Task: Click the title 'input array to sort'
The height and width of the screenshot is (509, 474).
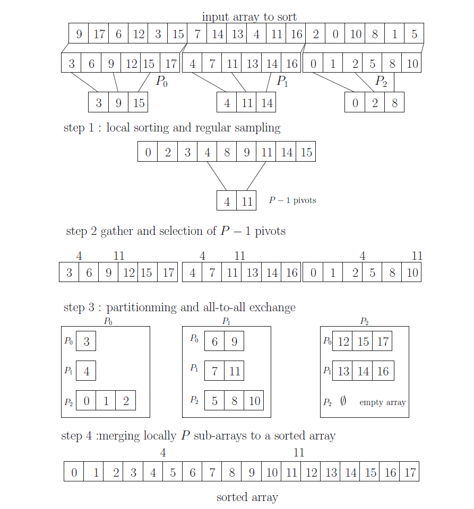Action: coord(249,17)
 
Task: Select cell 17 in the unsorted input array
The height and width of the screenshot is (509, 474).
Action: coord(99,35)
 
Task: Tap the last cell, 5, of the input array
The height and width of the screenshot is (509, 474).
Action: coord(414,35)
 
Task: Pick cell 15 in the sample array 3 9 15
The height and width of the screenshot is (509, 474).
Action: coord(139,103)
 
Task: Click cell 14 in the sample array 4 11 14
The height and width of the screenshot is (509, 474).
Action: coord(267,103)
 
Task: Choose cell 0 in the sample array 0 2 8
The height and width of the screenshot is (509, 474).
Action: coord(355,103)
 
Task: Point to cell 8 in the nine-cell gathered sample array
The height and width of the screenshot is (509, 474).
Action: coord(227,153)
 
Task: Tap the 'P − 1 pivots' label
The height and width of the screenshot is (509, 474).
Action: coord(292,201)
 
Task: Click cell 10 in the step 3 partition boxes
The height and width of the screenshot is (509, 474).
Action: coord(254,401)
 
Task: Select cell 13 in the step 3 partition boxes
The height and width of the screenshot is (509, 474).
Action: coord(343,371)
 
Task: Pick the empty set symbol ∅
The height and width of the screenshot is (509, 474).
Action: coord(343,402)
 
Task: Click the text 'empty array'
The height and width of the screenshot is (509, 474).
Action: coord(382,402)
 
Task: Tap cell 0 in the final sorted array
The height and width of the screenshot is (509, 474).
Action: coord(74,472)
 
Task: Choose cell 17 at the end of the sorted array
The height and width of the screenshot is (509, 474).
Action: coord(409,472)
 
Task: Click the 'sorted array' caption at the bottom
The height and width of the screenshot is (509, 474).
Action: coord(247,497)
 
